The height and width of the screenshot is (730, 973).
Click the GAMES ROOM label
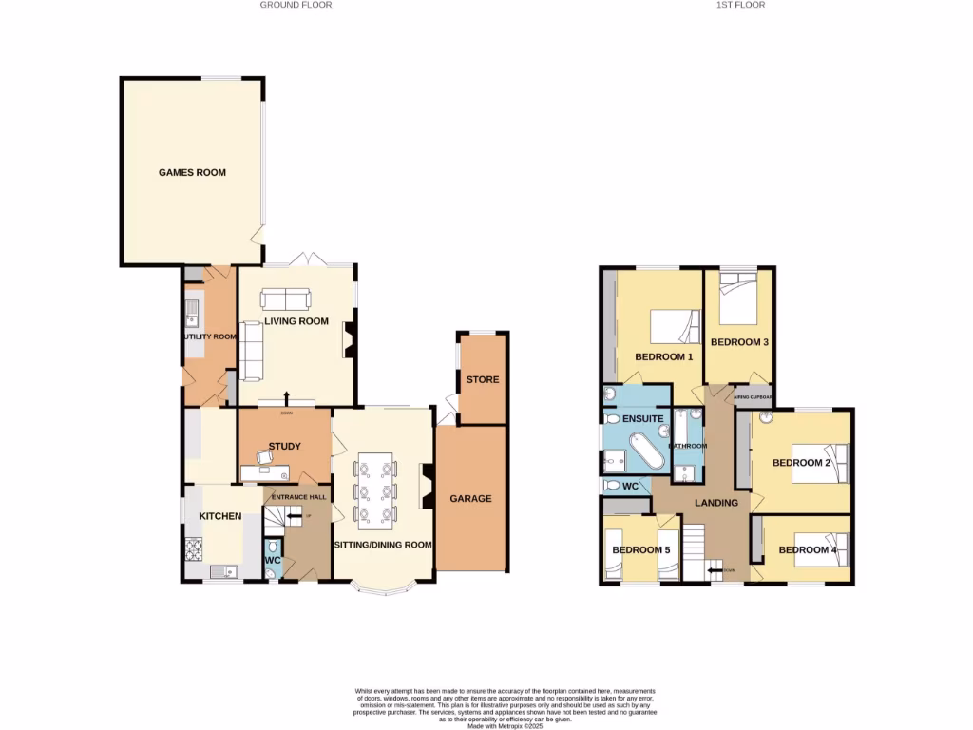pyautogui.click(x=192, y=173)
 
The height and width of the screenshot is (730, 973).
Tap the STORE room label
pyautogui.click(x=482, y=380)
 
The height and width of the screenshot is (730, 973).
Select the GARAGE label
pyautogui.click(x=470, y=499)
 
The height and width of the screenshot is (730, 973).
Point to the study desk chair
pyautogui.click(x=265, y=458)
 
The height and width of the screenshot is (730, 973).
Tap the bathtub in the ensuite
pyautogui.click(x=648, y=452)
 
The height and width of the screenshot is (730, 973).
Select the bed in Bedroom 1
pyautogui.click(x=675, y=327)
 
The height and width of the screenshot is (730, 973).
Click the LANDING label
pyautogui.click(x=716, y=503)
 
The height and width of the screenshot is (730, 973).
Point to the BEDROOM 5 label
pyautogui.click(x=640, y=550)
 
